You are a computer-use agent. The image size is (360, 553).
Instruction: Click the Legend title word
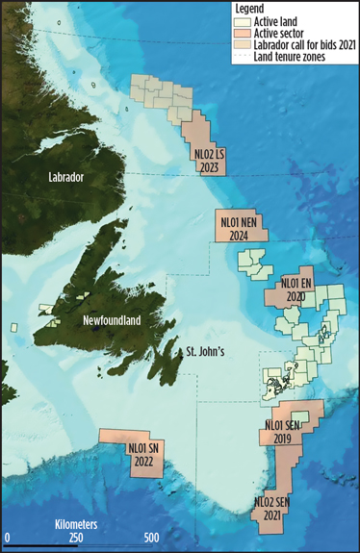[253, 8]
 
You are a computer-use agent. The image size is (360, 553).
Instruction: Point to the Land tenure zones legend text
[293, 57]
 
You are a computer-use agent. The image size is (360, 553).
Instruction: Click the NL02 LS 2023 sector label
[209, 159]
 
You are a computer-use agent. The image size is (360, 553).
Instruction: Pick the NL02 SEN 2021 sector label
[274, 508]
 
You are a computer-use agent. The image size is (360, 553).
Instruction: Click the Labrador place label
[72, 179]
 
